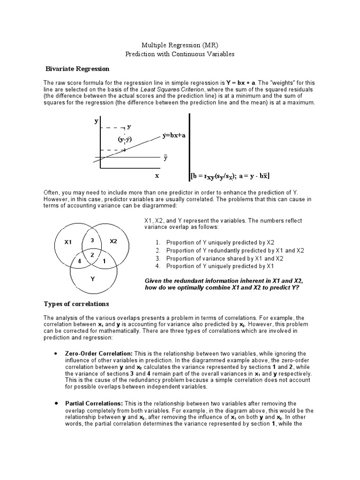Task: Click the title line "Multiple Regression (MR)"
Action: (180, 45)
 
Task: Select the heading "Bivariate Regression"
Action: (77, 69)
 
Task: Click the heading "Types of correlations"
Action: (76, 304)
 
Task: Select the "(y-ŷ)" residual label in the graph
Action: (124, 139)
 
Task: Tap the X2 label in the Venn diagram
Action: (113, 241)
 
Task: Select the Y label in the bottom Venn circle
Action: (93, 279)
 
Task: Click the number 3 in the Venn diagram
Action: (92, 240)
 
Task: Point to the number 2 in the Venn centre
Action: (93, 254)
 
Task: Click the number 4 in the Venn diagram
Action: (80, 261)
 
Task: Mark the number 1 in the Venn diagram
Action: (104, 261)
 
